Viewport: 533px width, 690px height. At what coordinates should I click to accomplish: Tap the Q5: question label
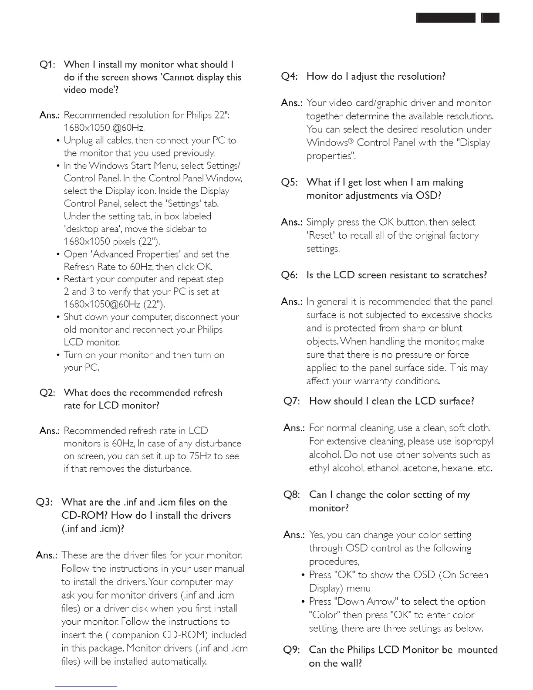(290, 183)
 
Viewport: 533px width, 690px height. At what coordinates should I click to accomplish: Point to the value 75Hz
(200, 456)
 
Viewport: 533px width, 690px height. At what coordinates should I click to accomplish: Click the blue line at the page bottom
(86, 686)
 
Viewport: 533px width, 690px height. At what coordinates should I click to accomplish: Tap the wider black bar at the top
(446, 18)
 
